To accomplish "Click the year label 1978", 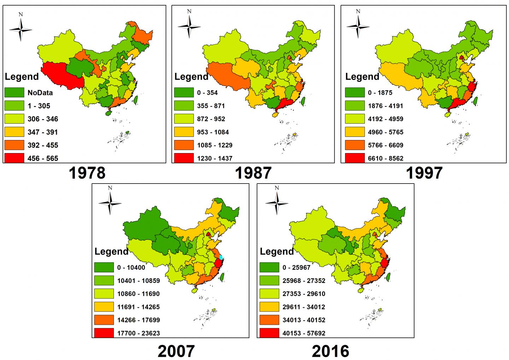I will (x=87, y=173).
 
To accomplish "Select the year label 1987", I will (x=253, y=173).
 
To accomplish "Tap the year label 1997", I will (x=424, y=173).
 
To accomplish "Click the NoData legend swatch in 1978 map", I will (x=14, y=93).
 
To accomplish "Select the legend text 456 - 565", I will (x=43, y=158).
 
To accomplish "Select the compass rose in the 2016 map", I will (x=277, y=201).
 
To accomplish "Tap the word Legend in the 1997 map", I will (x=362, y=77).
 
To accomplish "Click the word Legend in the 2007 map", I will (x=111, y=251).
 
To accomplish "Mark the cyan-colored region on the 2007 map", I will (x=221, y=256).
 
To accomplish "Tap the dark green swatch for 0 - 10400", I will (x=104, y=267).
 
